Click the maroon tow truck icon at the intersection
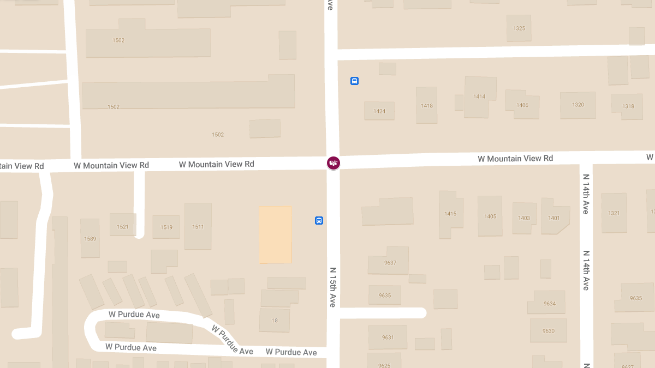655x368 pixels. click(333, 162)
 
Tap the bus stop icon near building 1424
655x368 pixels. click(354, 81)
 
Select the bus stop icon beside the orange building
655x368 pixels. click(319, 220)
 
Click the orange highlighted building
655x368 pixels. click(275, 234)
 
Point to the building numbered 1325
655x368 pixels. click(519, 28)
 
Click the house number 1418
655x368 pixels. click(427, 106)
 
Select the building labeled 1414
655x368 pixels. click(479, 96)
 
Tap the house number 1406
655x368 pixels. click(522, 105)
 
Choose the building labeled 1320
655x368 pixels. click(578, 105)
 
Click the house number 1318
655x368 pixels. click(628, 106)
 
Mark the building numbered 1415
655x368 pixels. click(450, 214)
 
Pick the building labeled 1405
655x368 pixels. click(490, 216)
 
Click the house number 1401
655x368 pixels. click(554, 218)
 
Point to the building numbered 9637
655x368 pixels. click(390, 263)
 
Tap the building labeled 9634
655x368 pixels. click(550, 304)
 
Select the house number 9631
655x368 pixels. click(388, 337)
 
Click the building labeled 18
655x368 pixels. click(275, 321)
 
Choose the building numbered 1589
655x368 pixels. click(90, 239)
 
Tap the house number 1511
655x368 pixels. click(198, 227)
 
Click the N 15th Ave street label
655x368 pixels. click(332, 287)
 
